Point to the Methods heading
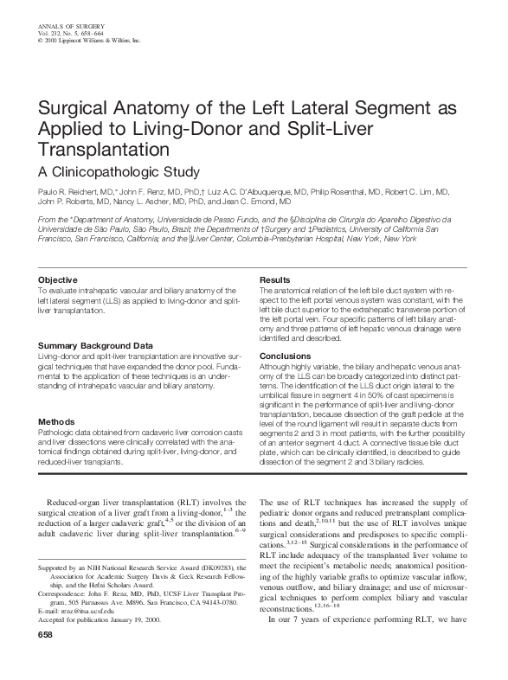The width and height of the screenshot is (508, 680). point(57,421)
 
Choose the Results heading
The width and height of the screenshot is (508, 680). point(275,280)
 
